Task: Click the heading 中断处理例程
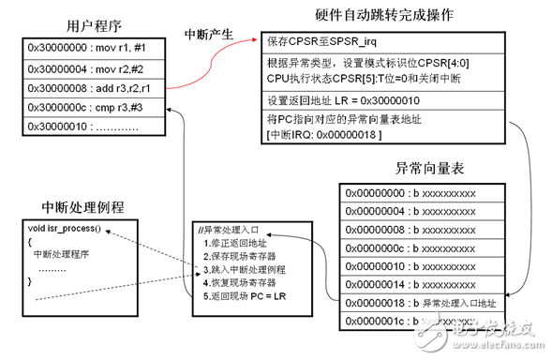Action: (83, 204)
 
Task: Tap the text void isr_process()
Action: (66, 231)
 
